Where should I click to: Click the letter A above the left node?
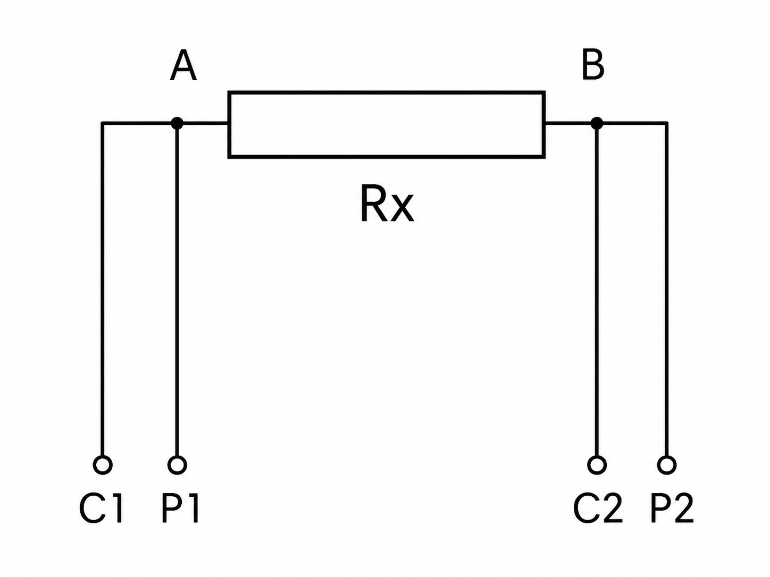coord(183,65)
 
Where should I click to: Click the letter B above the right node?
coord(593,65)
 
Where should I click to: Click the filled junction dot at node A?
coord(177,123)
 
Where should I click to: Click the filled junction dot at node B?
coord(597,123)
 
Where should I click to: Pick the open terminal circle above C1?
coord(103,465)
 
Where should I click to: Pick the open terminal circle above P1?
coord(177,465)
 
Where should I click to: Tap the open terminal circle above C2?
coord(597,465)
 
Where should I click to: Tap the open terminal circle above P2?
coord(666,465)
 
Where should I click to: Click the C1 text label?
coord(101,509)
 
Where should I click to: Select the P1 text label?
coord(180,509)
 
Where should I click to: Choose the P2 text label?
coord(672,509)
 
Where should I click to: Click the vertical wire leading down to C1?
coord(103,289)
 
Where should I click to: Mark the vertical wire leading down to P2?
coord(666,289)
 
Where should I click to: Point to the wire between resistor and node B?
coord(568,123)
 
